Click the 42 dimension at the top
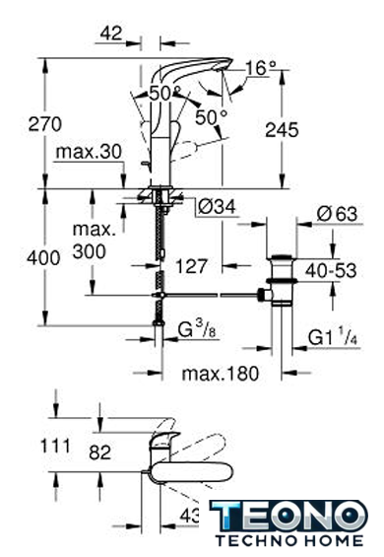tap(111, 34)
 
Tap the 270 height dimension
tap(44, 124)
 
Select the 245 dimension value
tap(283, 130)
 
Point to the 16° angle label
tap(261, 68)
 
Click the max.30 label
tap(89, 152)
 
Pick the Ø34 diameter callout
tap(217, 207)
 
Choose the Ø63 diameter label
tap(337, 214)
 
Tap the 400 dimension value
tap(43, 258)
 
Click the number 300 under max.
tap(89, 251)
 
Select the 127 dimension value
tap(192, 266)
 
